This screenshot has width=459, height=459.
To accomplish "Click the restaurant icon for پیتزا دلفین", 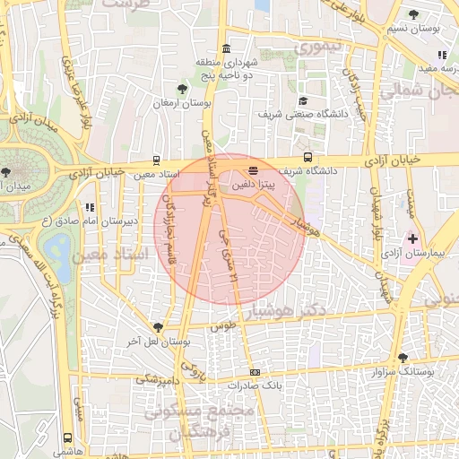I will pos(253,169).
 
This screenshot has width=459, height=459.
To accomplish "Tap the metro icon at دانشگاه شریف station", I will pos(307,157).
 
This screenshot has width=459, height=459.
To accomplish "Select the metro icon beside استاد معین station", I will pos(158,160).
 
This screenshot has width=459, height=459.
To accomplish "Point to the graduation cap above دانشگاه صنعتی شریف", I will pos(303,101).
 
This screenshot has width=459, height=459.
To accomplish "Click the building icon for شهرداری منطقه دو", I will pos(225,48).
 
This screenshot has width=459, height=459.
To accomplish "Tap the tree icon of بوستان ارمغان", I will pos(183,89).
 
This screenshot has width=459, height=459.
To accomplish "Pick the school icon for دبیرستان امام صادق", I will pos(90,207).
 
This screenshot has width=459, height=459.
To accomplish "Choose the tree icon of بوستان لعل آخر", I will pos(159,327).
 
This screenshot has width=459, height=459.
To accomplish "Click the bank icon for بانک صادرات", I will pos(255,372).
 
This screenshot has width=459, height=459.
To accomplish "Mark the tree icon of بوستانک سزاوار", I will pos(403,357).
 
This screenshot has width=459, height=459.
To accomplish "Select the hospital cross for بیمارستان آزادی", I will pos(412,238).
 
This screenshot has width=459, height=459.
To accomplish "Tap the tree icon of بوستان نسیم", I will pos(413,14).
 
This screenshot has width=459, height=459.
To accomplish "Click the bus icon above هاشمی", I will pos(68,438).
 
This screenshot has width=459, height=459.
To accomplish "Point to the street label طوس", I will pos(222,328).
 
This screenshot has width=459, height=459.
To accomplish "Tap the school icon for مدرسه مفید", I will pos(443,56).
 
